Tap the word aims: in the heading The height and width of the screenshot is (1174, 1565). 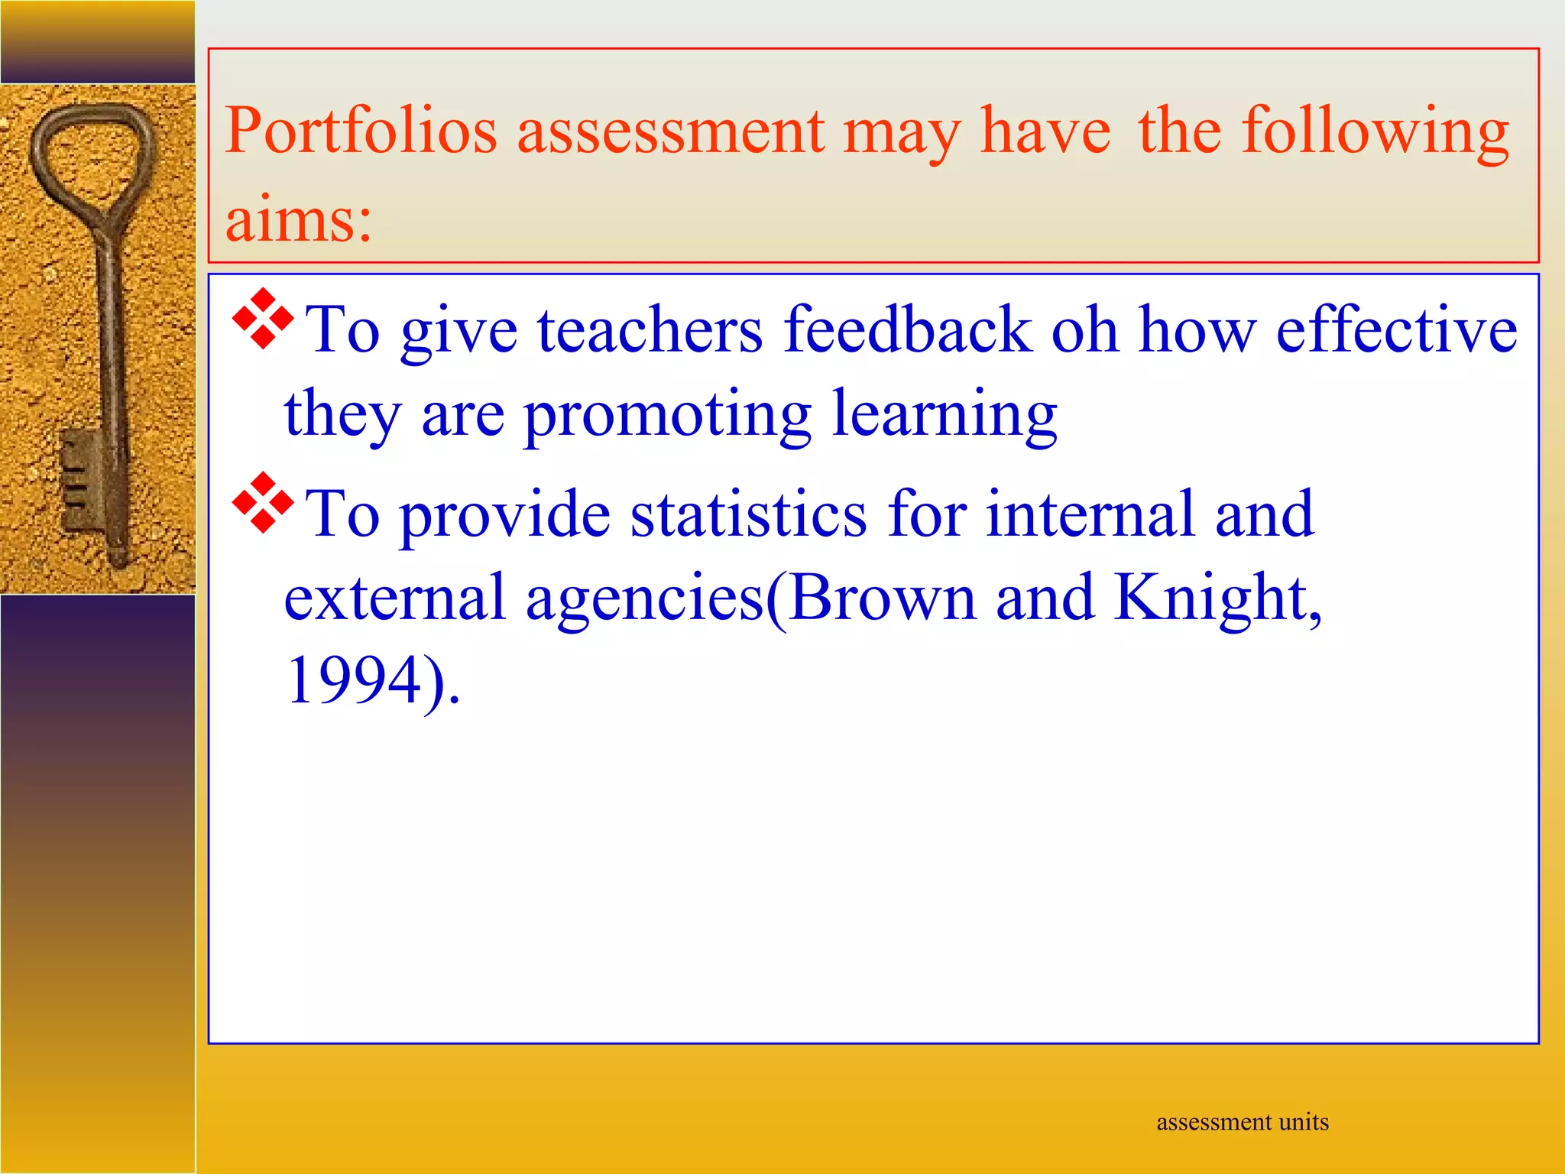point(298,220)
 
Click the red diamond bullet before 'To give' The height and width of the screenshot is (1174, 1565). point(262,319)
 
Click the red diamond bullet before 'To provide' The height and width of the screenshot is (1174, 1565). point(262,502)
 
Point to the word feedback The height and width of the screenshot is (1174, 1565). point(907,330)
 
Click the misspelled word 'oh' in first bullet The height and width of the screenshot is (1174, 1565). point(1084,330)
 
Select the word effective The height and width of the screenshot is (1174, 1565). point(1396,330)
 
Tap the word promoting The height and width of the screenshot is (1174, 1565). point(666,414)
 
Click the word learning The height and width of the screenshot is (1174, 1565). point(944,414)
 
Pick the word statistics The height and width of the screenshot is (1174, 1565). point(748,514)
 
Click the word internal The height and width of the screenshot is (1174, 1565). point(1090,514)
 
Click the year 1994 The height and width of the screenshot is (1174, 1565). point(354,680)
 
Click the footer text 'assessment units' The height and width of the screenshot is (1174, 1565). point(1243,1122)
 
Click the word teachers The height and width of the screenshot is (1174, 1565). point(650,330)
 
